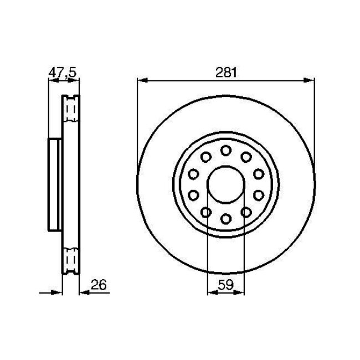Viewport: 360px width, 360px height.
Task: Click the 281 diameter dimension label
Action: pos(225,71)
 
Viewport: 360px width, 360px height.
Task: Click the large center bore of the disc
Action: pos(225,184)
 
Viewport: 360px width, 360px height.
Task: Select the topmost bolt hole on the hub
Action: pos(225,150)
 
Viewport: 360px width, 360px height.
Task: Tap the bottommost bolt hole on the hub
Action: pos(225,218)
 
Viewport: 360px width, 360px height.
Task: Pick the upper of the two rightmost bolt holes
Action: pos(258,174)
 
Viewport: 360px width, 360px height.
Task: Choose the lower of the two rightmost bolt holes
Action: pos(258,194)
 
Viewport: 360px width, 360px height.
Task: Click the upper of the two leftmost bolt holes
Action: pos(193,174)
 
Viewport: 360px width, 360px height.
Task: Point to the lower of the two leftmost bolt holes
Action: pos(193,194)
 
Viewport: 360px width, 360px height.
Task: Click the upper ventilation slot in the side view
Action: pos(70,110)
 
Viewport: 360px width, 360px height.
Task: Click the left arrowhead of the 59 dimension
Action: pos(210,293)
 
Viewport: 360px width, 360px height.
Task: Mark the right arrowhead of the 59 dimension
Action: pos(240,293)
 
